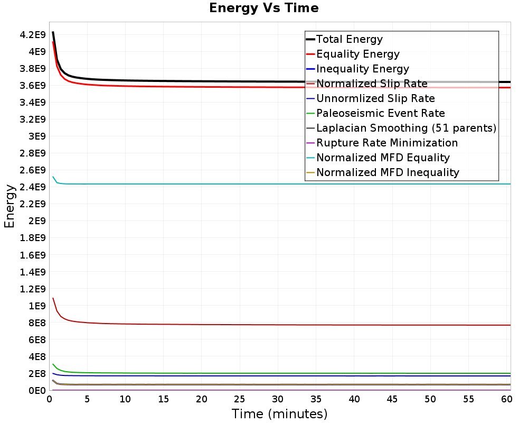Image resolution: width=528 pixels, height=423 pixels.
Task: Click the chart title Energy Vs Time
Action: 264,8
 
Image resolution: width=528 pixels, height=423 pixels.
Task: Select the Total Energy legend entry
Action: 349,39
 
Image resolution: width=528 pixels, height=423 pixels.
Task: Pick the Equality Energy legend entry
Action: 357,54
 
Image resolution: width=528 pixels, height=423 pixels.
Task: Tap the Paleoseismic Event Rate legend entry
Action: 380,113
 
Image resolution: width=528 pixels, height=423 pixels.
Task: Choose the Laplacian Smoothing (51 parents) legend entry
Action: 406,128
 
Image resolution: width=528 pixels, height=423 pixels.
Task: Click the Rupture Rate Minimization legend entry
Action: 387,143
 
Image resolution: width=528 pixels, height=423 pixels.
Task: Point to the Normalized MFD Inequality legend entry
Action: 388,172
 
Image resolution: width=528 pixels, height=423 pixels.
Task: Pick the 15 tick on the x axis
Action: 164,400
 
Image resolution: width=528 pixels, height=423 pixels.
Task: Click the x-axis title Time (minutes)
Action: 279,413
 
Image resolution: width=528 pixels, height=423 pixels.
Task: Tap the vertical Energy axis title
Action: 9,206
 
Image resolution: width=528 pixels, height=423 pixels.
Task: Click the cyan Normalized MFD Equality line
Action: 264,184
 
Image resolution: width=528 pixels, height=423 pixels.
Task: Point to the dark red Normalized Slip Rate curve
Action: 264,325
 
